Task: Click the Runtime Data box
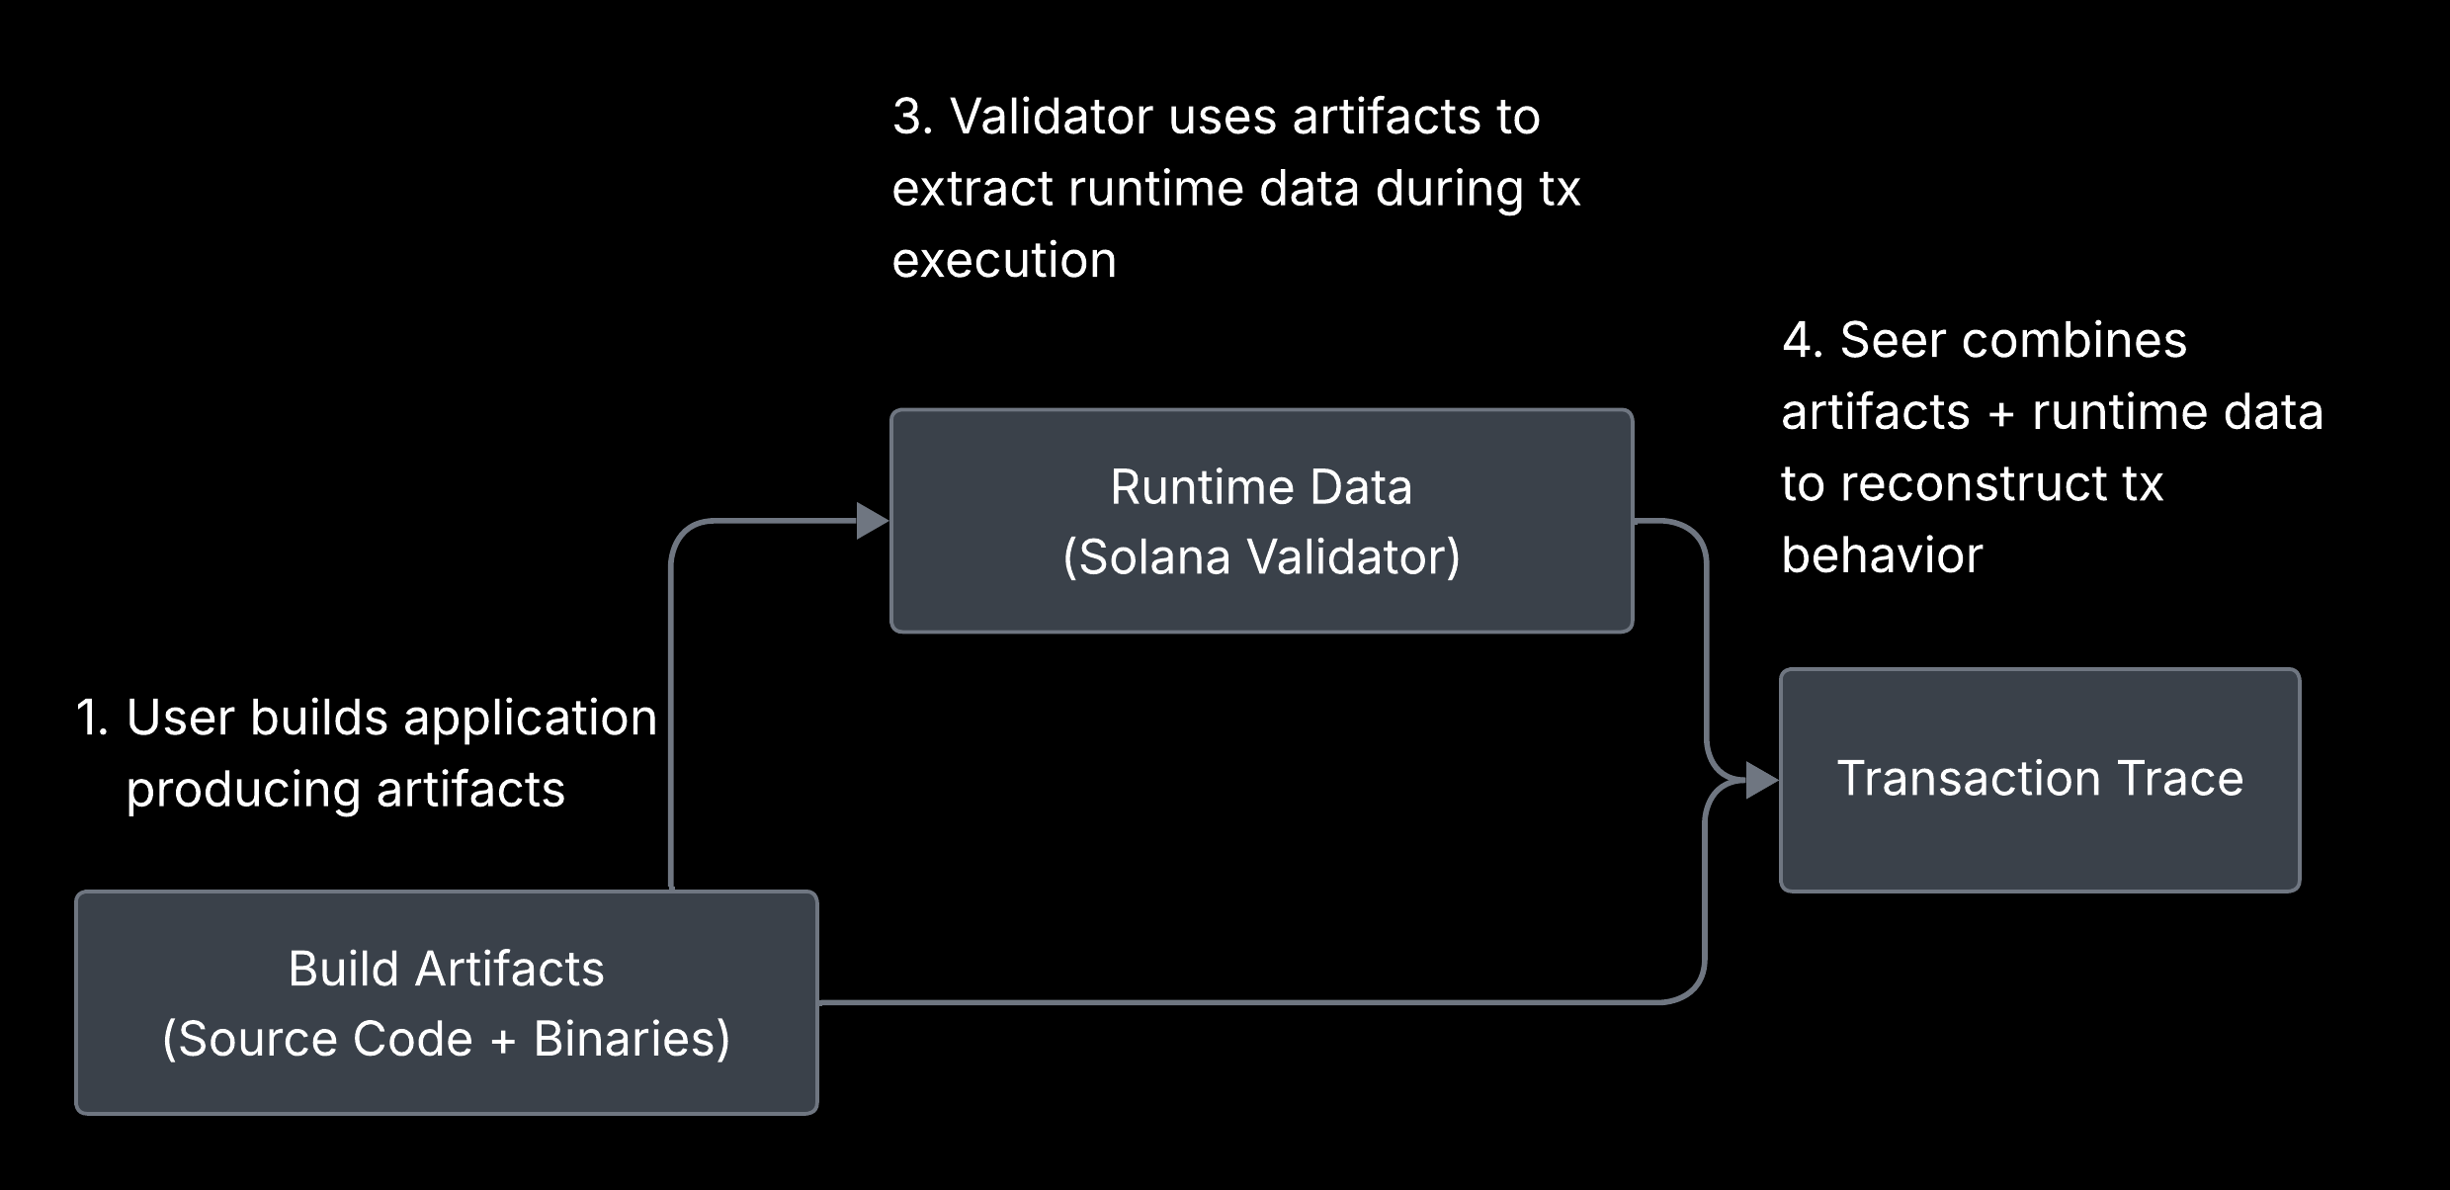tap(1261, 593)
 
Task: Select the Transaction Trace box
tap(2040, 840)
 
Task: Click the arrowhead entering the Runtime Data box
tap(872, 521)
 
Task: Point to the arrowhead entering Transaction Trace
tap(1762, 781)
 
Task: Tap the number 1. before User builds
tap(92, 718)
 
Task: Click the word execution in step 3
tap(1004, 261)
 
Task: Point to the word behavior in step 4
tap(1882, 555)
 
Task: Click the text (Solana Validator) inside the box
tap(1261, 557)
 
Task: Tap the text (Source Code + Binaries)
tap(446, 1040)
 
